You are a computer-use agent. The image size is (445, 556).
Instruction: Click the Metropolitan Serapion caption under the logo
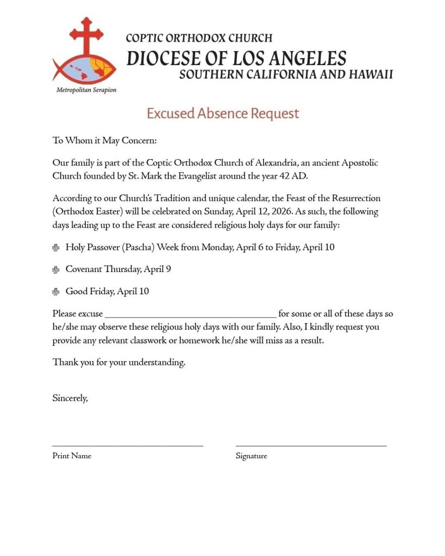click(x=86, y=90)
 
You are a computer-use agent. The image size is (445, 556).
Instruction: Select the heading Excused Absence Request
click(x=223, y=113)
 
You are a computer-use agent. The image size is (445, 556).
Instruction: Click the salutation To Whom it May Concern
click(x=104, y=141)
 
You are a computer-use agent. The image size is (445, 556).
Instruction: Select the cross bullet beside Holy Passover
click(x=56, y=248)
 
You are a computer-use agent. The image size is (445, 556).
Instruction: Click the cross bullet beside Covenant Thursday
click(x=56, y=270)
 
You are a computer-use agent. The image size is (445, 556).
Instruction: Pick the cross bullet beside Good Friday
click(x=56, y=292)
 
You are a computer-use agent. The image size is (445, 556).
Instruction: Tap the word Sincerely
click(x=70, y=398)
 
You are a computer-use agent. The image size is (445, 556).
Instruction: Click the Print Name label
click(x=72, y=456)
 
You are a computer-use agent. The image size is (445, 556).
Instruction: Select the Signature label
click(x=251, y=456)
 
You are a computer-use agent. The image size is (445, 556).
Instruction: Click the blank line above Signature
click(x=311, y=446)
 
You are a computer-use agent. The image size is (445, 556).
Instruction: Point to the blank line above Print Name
click(x=128, y=446)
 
